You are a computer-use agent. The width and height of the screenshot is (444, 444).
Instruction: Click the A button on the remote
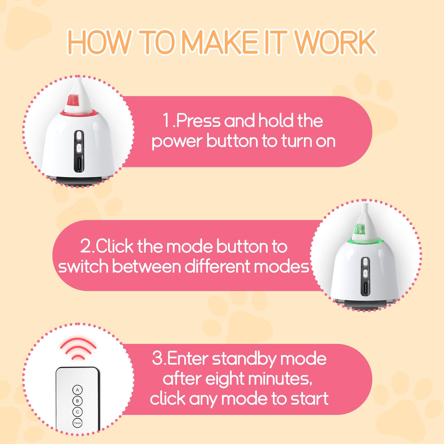(77, 390)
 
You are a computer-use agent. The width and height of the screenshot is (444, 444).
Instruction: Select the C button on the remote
(77, 412)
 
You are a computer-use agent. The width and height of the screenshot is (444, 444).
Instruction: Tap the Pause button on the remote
(77, 423)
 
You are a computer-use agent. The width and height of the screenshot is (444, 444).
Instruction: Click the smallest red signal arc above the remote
(78, 357)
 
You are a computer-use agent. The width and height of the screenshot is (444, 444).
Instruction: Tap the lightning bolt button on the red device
(78, 147)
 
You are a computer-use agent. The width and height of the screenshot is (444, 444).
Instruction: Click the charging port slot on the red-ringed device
(78, 165)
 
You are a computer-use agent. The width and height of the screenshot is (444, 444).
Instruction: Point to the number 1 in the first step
(166, 121)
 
